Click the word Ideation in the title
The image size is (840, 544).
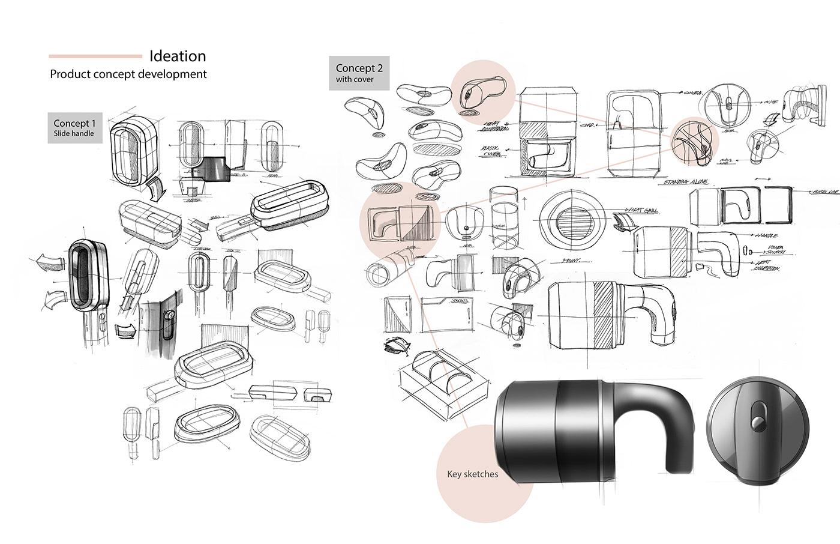[178, 56]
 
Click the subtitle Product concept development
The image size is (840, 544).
[128, 74]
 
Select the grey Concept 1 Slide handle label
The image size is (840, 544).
[74, 128]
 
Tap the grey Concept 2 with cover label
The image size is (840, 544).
[359, 73]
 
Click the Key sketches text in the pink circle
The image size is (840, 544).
[473, 474]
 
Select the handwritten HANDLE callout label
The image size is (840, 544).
[767, 236]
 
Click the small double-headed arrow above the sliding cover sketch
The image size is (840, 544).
[763, 178]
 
